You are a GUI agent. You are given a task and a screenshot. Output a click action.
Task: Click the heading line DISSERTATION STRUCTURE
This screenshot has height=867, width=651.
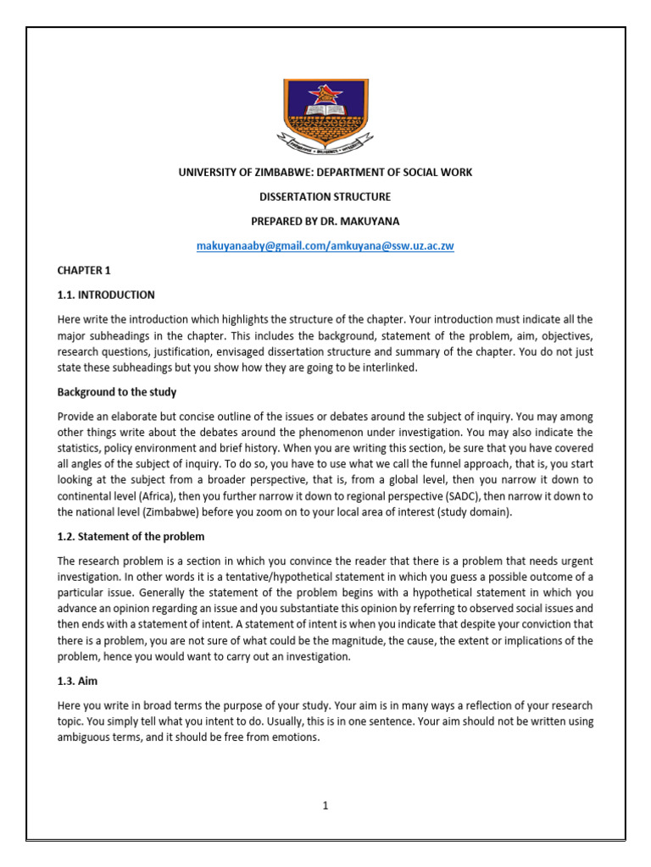[x=325, y=196]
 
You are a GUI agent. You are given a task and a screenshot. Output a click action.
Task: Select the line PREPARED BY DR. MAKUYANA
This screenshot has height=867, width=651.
[x=325, y=221]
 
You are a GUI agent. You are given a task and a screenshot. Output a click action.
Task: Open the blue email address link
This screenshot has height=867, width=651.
[x=325, y=246]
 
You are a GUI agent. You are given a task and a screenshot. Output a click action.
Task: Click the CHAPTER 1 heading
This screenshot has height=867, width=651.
[x=83, y=270]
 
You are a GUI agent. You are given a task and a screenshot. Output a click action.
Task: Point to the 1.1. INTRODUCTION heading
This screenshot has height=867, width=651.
[x=106, y=295]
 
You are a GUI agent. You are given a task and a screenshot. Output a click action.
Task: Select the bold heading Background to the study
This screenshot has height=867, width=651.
[x=116, y=393]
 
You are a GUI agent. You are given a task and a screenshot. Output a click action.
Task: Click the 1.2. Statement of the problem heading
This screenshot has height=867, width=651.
[x=131, y=537]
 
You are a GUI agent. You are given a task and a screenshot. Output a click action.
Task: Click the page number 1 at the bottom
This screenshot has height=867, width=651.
[x=325, y=806]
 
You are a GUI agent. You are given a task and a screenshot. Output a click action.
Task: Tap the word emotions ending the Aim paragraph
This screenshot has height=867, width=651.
[x=296, y=737]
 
